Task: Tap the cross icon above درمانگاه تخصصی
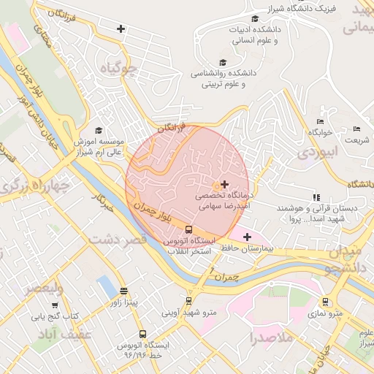point(224,184)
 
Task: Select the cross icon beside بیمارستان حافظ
point(247,237)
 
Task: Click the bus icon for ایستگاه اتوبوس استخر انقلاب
point(189,229)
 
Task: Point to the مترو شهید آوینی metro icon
point(189,300)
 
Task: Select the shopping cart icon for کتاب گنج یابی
point(56,305)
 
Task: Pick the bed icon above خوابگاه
point(320,121)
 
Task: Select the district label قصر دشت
point(117,239)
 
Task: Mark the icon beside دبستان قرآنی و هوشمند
point(316,197)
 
